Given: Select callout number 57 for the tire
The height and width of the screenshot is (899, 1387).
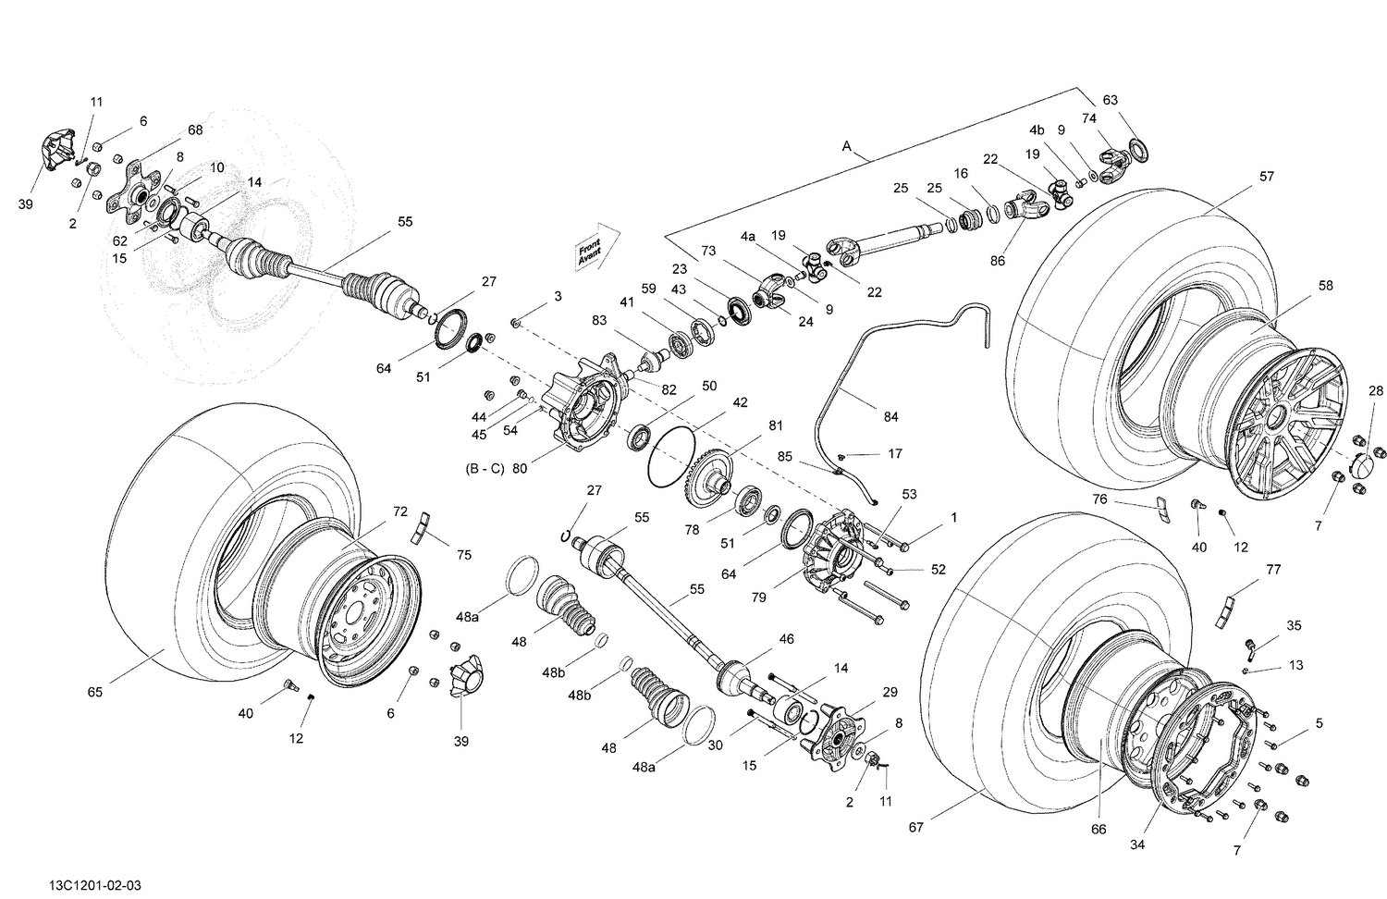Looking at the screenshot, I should click(1266, 177).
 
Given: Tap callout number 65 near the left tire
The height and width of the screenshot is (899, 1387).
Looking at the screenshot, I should click(95, 692).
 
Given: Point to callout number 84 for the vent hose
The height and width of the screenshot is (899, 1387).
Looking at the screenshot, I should click(890, 417).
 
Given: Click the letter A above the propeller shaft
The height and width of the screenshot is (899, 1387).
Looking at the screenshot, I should click(846, 146).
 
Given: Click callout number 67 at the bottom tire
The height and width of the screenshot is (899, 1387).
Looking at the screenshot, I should click(915, 828).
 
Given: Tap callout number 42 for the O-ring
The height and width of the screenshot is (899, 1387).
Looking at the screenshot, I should click(741, 403).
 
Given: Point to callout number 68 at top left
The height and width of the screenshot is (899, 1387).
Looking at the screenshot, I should click(195, 130).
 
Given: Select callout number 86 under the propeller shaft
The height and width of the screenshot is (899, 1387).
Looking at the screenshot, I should click(997, 262).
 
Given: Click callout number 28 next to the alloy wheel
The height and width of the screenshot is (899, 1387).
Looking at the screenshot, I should click(1377, 390).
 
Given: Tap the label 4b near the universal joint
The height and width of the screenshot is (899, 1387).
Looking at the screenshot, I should click(1037, 130).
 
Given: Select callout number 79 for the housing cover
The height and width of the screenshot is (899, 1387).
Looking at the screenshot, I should click(758, 597).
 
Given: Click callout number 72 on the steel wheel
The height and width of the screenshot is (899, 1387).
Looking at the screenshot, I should click(399, 511).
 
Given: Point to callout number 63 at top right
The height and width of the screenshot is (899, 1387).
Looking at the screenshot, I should click(1110, 100).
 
